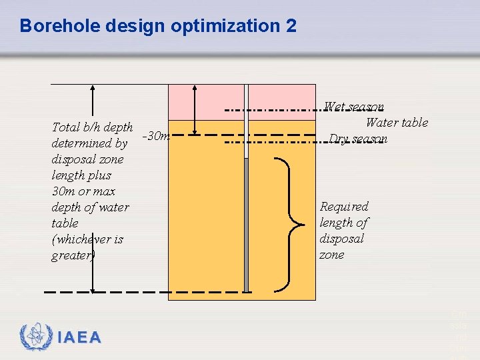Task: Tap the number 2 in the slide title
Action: click(x=291, y=26)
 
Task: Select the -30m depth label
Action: click(x=157, y=136)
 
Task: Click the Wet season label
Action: click(x=353, y=107)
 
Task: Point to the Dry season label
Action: click(x=358, y=139)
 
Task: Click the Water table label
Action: click(x=397, y=122)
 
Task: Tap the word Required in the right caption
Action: click(x=344, y=207)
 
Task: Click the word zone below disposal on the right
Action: click(x=332, y=255)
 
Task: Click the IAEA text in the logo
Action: click(x=79, y=338)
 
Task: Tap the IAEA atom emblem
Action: click(x=36, y=337)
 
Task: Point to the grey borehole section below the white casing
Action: click(x=246, y=227)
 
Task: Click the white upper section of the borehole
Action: click(x=246, y=120)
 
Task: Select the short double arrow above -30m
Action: click(x=193, y=110)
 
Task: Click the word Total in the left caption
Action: click(x=66, y=127)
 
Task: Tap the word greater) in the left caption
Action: click(x=73, y=255)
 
